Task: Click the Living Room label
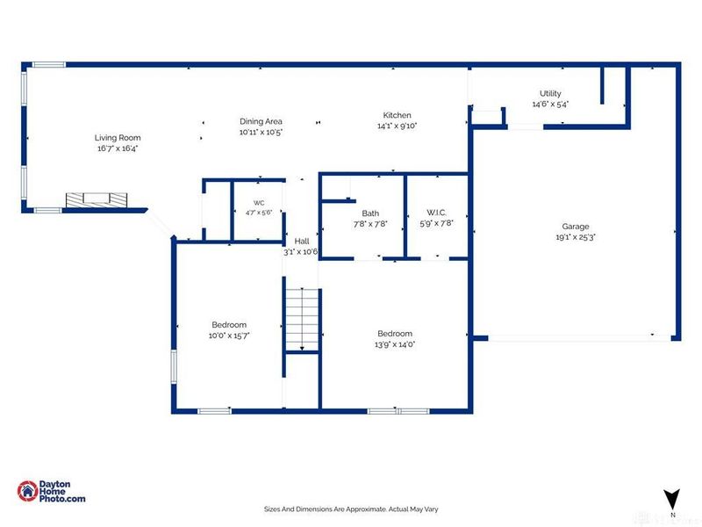118,138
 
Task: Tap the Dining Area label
261,121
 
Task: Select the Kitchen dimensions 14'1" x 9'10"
398,126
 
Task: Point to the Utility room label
550,93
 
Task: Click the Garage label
576,227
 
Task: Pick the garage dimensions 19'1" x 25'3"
576,237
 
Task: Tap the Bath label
370,213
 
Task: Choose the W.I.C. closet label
436,213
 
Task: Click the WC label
259,203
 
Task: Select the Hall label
302,241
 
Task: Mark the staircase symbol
302,319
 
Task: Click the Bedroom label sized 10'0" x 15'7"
229,324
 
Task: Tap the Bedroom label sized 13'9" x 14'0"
395,334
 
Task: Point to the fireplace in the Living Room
97,200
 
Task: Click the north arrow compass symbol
671,499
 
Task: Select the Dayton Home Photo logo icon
27,491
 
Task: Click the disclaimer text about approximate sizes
351,509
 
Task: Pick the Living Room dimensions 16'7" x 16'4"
118,148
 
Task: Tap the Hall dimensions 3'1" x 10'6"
300,252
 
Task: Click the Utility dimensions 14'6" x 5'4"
550,104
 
